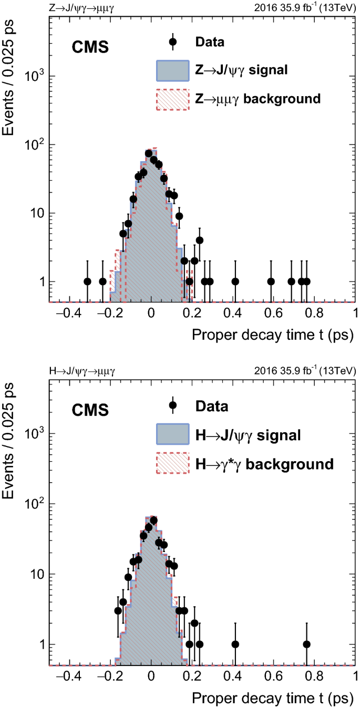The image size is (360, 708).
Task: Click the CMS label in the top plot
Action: click(x=90, y=48)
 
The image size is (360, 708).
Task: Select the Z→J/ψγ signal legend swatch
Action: click(x=172, y=70)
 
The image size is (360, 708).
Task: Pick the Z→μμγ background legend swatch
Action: click(x=172, y=98)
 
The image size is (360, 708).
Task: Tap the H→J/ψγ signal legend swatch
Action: click(x=172, y=435)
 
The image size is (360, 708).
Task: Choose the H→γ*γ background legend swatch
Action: click(x=172, y=463)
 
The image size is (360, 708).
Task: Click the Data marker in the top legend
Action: click(x=172, y=41)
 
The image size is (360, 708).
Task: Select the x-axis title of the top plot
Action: click(x=269, y=335)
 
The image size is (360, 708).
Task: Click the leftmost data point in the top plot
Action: click(x=88, y=282)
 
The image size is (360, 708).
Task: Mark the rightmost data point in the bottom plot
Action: click(x=306, y=644)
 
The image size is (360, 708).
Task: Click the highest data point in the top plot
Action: click(x=149, y=154)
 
